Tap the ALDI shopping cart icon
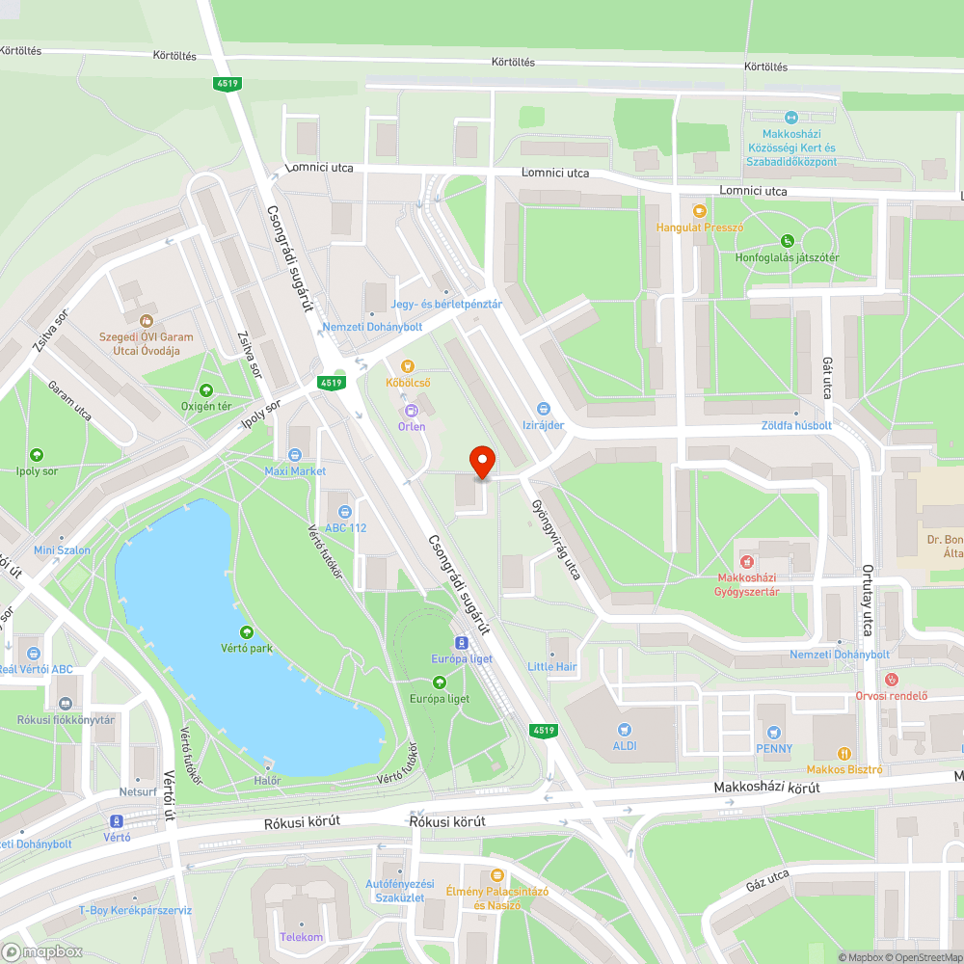pyautogui.click(x=625, y=730)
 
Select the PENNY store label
pyautogui.click(x=774, y=748)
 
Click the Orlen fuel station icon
pyautogui.click(x=412, y=410)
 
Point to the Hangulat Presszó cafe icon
pyautogui.click(x=700, y=210)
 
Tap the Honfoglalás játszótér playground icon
pyautogui.click(x=788, y=240)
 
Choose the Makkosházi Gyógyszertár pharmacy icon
pyautogui.click(x=746, y=561)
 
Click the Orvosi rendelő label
pyautogui.click(x=891, y=696)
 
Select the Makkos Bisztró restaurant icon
pyautogui.click(x=844, y=753)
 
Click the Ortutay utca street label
pyautogui.click(x=868, y=600)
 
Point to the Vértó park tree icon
pyautogui.click(x=246, y=632)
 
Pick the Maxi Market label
pyautogui.click(x=295, y=471)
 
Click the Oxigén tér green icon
pyautogui.click(x=205, y=390)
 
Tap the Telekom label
pyautogui.click(x=301, y=937)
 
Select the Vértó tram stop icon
pyautogui.click(x=117, y=820)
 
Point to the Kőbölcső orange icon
pyautogui.click(x=408, y=366)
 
